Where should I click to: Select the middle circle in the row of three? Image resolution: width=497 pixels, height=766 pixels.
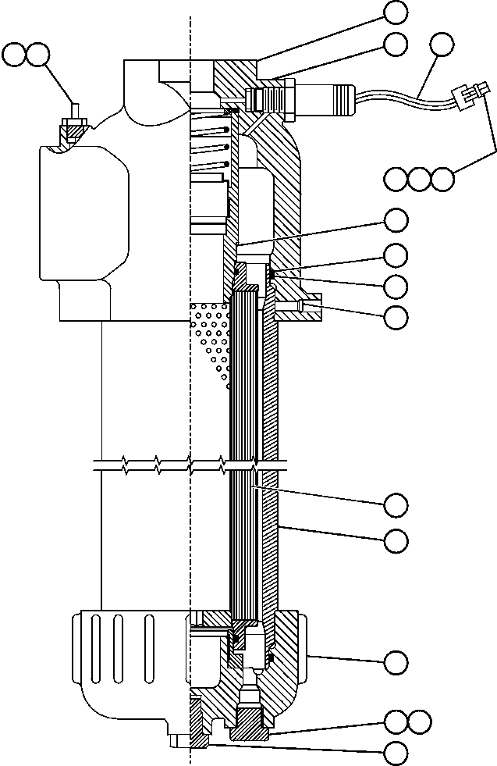pyautogui.click(x=420, y=179)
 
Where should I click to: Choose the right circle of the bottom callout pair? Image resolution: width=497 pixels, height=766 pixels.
pyautogui.click(x=420, y=722)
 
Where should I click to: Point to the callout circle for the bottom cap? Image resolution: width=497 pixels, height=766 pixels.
pyautogui.click(x=396, y=662)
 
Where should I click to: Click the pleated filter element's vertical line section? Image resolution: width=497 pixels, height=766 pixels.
pyautogui.click(x=243, y=390)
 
